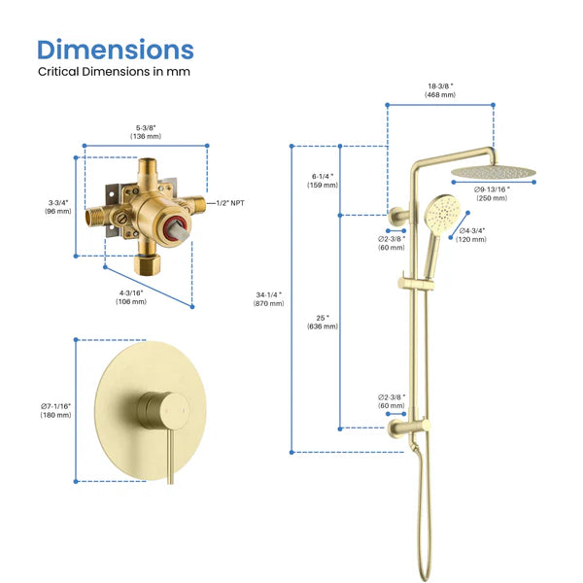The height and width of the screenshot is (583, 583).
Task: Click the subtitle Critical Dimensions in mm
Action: pyautogui.click(x=114, y=72)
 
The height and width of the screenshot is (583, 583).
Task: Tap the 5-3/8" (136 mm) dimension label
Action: pyautogui.click(x=146, y=131)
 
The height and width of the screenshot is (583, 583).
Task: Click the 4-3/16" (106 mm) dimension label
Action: pyautogui.click(x=131, y=296)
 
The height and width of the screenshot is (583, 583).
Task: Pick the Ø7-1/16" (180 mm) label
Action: pyautogui.click(x=56, y=410)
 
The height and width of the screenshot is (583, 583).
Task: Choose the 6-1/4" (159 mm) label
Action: pyautogui.click(x=324, y=181)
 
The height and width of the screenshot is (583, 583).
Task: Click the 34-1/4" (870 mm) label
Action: pyautogui.click(x=269, y=299)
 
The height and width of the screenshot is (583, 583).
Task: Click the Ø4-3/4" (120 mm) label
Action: pyautogui.click(x=471, y=234)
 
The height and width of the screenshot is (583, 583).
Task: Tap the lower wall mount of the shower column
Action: pyautogui.click(x=400, y=426)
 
